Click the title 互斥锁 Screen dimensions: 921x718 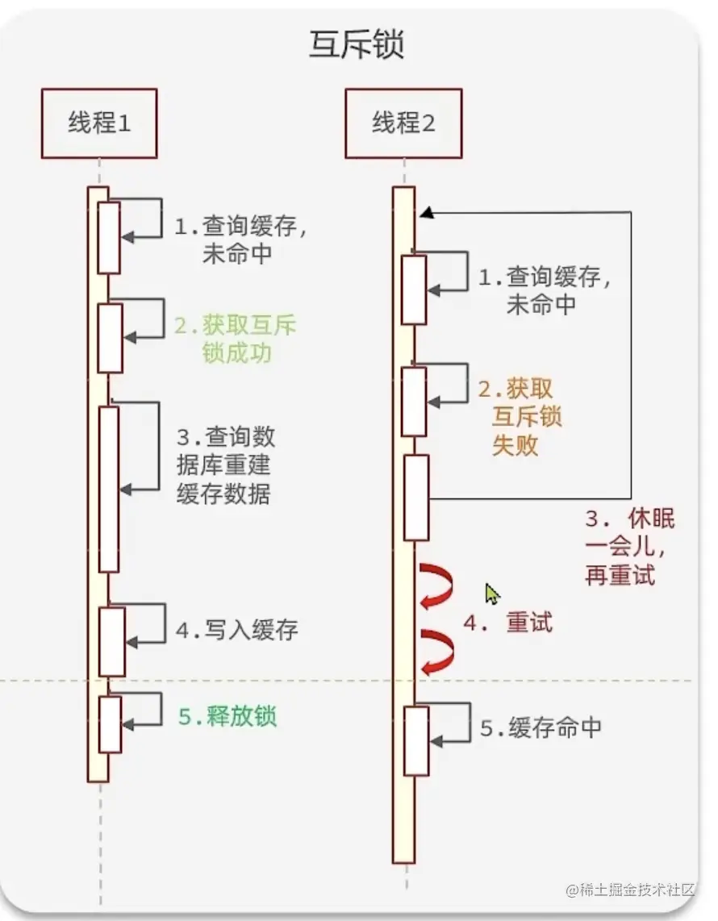pos(356,44)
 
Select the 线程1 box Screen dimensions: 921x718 pos(99,123)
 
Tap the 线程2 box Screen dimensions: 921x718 pos(403,123)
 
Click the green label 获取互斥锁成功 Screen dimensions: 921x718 pos(236,339)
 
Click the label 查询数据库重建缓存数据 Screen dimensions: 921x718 pos(225,465)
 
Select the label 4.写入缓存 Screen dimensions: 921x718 pos(237,630)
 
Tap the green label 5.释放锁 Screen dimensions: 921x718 pos(228,716)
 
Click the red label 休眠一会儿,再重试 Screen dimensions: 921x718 pos(629,547)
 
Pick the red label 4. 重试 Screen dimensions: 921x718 pos(508,623)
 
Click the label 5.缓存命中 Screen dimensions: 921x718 pos(541,727)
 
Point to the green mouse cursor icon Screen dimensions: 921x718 pos(491,594)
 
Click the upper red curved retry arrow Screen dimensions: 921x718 pos(436,586)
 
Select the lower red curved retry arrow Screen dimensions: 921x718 pos(436,650)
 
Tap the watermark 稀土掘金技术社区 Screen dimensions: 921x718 pos(630,890)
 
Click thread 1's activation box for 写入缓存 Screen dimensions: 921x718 pos(111,641)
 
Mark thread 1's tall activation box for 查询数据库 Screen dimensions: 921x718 pos(108,489)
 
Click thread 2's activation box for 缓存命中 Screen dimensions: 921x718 pos(415,740)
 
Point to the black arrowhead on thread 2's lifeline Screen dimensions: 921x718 pos(426,212)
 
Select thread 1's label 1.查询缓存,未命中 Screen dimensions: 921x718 pos(241,240)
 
